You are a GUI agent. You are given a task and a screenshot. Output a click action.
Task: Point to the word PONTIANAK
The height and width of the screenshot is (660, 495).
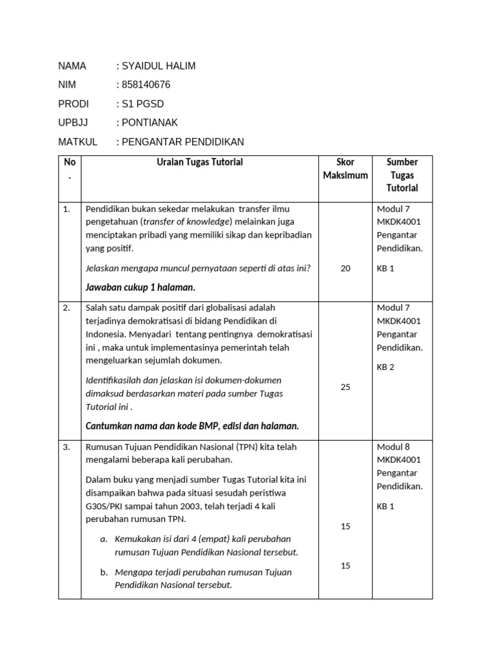point(150,122)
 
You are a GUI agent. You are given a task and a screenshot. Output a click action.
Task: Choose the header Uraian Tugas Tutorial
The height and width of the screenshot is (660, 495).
point(199,162)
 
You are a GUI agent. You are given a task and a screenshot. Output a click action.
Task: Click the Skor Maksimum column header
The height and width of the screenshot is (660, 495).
point(345,169)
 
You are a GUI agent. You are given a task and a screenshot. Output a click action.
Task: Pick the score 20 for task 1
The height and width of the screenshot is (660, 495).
point(345,269)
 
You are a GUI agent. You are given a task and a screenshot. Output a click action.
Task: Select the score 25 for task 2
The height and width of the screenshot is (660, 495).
point(345,387)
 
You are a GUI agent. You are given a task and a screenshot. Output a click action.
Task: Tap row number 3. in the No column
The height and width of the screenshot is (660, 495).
point(67,447)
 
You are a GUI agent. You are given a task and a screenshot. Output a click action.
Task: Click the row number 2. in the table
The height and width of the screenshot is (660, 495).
point(67,308)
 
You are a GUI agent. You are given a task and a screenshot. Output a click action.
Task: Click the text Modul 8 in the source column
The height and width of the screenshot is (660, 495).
point(393,447)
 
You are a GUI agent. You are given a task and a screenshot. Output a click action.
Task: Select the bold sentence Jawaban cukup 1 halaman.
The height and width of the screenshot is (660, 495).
point(141,287)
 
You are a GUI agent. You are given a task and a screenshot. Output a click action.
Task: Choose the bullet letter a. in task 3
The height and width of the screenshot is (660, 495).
point(104,539)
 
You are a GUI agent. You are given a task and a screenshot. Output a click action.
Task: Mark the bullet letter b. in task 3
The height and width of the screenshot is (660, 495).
point(104,572)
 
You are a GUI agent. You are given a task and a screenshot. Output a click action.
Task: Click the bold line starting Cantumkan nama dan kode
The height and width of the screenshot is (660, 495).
point(192,426)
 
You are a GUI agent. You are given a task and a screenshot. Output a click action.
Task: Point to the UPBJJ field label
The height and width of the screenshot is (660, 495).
point(73,122)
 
